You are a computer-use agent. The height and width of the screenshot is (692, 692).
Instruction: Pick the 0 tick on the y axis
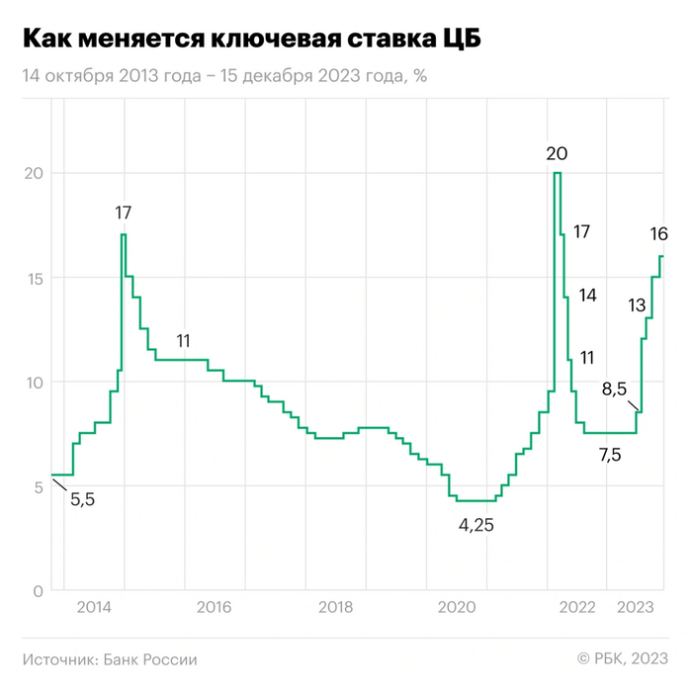pos(38,591)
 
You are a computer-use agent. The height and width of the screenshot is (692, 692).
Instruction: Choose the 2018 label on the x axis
pos(334,608)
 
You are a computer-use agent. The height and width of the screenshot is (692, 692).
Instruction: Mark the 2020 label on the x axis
pos(457,608)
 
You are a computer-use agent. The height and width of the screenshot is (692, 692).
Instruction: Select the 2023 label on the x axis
pos(637,608)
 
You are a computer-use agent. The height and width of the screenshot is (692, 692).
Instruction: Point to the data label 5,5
pos(83,500)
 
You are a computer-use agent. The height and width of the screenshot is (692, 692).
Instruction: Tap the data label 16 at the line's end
pos(658,234)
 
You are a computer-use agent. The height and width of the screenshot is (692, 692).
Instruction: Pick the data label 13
pos(637,304)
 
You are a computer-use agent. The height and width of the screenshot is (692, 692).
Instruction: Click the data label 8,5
pos(615,389)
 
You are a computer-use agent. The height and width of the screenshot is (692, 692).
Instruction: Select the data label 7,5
pos(610,456)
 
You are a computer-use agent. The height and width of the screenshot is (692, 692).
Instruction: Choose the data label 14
pos(587,295)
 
